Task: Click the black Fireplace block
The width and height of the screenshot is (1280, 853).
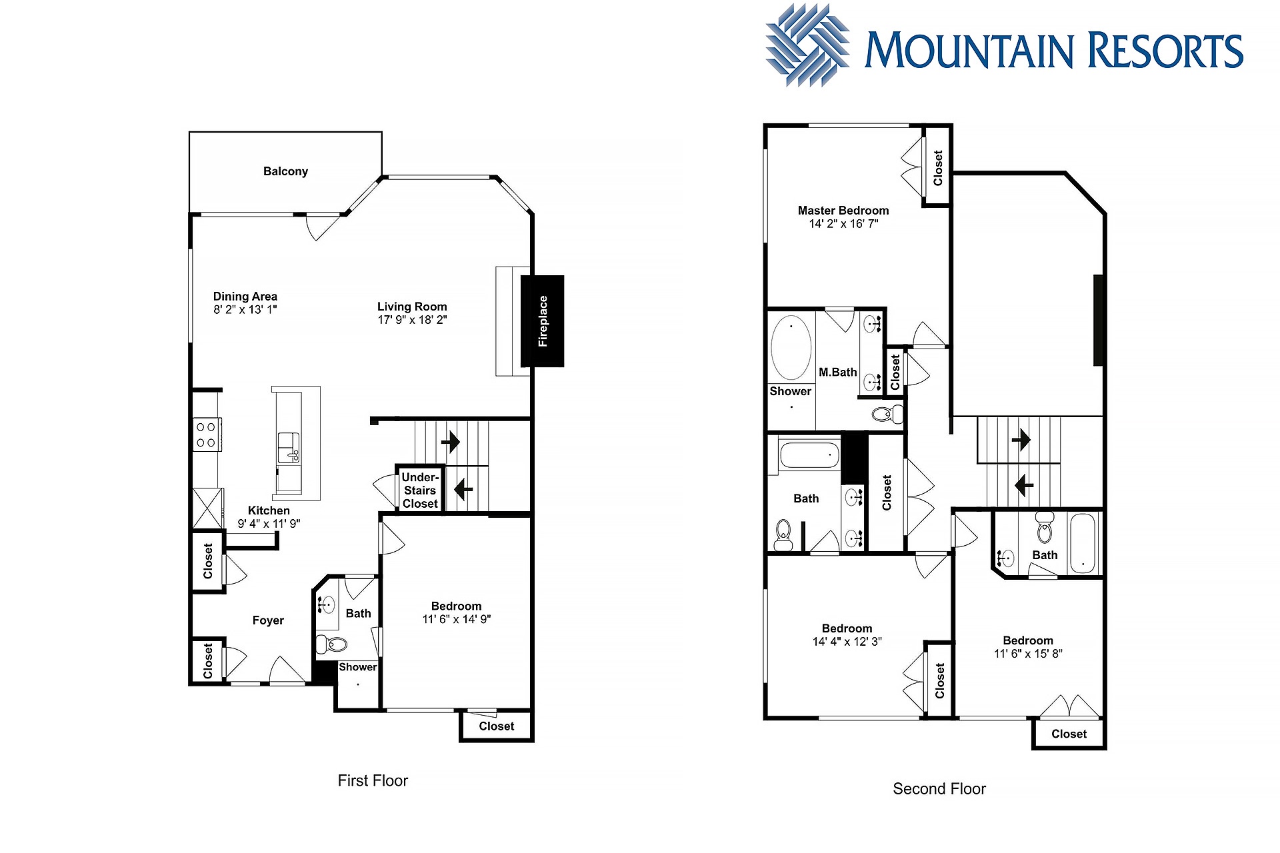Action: tap(542, 321)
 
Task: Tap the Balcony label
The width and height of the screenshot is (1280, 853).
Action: tap(285, 171)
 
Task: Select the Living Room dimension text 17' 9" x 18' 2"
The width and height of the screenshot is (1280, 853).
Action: tap(412, 320)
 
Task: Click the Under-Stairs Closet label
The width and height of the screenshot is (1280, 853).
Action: tap(420, 490)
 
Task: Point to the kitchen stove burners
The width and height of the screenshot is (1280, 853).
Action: tap(206, 434)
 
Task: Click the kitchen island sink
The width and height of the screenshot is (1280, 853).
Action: tap(288, 447)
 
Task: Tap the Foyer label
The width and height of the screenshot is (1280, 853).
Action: tap(268, 620)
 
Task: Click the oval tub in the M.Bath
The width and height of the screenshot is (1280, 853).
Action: tap(791, 348)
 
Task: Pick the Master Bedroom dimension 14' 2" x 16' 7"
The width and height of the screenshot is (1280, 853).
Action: tap(843, 224)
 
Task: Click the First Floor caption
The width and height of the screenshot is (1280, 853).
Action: tap(373, 780)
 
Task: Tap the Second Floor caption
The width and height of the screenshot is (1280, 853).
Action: tap(939, 789)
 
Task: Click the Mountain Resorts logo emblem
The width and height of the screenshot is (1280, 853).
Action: tap(807, 45)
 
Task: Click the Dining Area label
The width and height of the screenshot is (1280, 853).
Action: tap(245, 297)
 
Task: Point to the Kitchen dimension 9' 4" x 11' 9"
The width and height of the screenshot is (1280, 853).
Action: tap(269, 524)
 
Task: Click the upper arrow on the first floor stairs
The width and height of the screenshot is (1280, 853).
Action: tap(451, 441)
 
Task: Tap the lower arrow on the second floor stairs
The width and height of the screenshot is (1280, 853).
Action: tap(1024, 484)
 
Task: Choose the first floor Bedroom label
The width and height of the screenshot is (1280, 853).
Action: tap(456, 606)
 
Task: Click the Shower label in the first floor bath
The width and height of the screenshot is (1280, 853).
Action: tap(358, 667)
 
